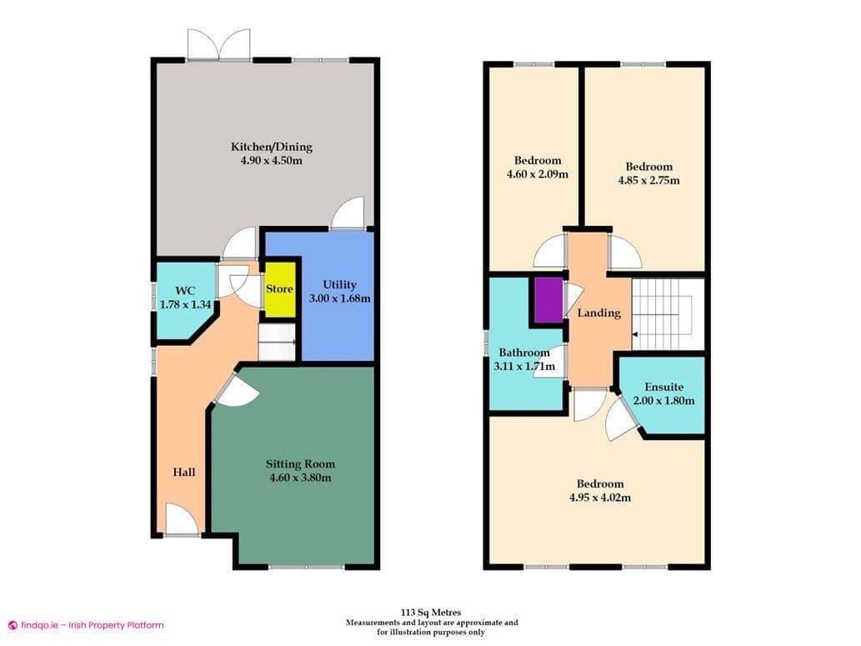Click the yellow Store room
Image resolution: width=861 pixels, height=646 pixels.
pyautogui.click(x=280, y=289)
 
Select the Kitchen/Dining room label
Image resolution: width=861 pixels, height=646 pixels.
pyautogui.click(x=272, y=147)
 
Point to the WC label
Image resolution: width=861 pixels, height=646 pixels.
pyautogui.click(x=185, y=291)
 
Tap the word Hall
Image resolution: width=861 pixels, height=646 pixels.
pyautogui.click(x=184, y=472)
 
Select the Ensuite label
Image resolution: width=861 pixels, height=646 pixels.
pyautogui.click(x=663, y=387)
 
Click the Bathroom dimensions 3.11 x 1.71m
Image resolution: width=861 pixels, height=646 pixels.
pyautogui.click(x=524, y=366)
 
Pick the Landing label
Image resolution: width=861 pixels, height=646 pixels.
pyautogui.click(x=599, y=313)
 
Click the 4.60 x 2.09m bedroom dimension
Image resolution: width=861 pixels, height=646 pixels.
pyautogui.click(x=537, y=174)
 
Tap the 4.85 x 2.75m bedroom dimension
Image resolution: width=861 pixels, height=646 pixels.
pyautogui.click(x=648, y=180)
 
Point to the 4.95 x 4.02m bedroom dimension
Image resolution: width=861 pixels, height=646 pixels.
pyautogui.click(x=599, y=498)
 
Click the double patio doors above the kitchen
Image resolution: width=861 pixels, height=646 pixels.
pyautogui.click(x=218, y=44)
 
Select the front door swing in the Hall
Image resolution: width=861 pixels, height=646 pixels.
pyautogui.click(x=182, y=520)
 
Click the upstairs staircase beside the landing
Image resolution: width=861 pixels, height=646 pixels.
pyautogui.click(x=668, y=314)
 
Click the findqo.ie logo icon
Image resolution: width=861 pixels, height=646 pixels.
pyautogui.click(x=13, y=625)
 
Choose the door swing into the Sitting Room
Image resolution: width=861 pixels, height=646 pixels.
pyautogui.click(x=236, y=391)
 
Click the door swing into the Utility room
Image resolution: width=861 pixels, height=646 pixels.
pyautogui.click(x=348, y=213)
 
